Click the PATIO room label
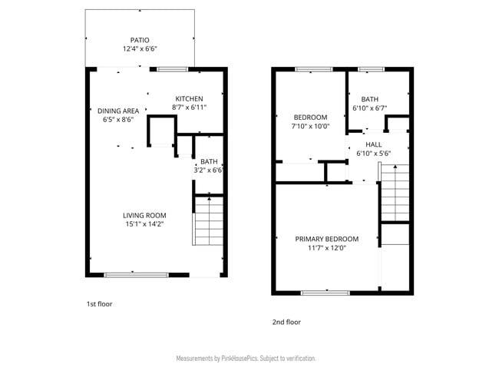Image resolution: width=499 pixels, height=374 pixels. [139, 40]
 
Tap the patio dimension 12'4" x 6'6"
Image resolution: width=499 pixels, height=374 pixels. [139, 49]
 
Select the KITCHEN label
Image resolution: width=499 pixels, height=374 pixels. [189, 98]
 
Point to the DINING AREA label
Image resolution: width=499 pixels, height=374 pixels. [118, 111]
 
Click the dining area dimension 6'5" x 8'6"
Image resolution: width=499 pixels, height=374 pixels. [118, 120]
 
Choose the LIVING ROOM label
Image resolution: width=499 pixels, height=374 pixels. [145, 215]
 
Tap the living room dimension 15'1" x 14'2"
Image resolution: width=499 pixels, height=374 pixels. [145, 224]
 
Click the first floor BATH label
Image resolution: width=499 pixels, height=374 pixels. [209, 161]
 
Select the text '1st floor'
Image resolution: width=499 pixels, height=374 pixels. [99, 304]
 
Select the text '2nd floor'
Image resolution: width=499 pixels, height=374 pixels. [286, 322]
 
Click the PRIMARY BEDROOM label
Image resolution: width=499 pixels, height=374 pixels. [326, 239]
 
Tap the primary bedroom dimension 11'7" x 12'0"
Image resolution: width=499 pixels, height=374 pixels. [326, 248]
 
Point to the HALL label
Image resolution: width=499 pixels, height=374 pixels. [374, 144]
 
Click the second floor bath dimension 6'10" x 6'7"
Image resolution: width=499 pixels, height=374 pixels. [369, 108]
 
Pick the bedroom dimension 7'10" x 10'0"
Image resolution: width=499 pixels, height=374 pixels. [310, 126]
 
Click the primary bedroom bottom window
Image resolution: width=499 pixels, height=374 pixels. [326, 293]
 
